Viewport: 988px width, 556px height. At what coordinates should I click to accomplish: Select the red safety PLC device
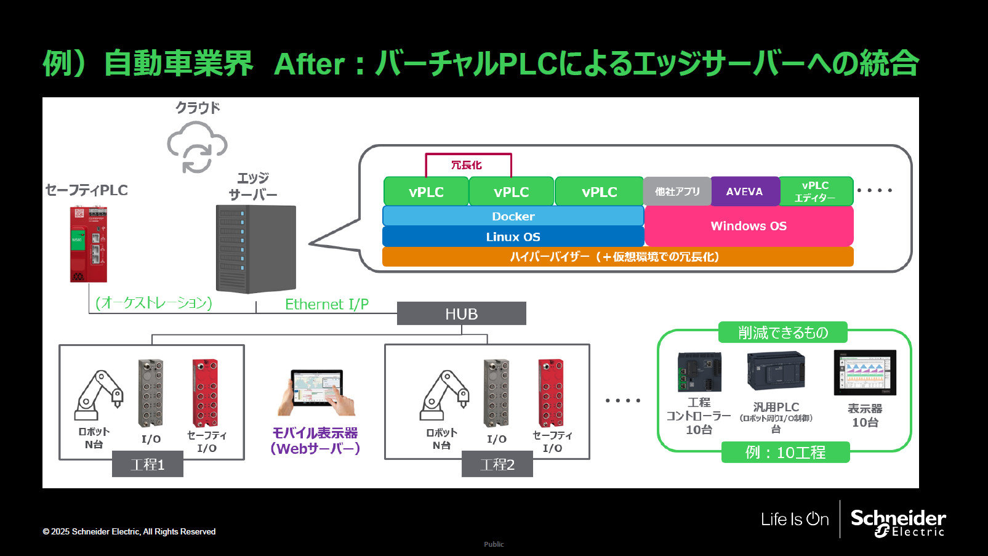[x=88, y=244]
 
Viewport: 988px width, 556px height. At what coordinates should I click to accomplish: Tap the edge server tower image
[x=255, y=249]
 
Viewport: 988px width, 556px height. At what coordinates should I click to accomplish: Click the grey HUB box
[x=461, y=313]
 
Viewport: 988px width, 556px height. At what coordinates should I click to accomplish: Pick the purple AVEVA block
[x=744, y=191]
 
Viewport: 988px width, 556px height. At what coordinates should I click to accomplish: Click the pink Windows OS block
[x=749, y=226]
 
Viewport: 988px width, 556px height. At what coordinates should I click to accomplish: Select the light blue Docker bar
[x=513, y=216]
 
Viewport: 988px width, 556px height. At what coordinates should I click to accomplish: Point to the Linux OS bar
[x=513, y=236]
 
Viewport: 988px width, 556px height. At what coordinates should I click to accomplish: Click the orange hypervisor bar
[x=617, y=257]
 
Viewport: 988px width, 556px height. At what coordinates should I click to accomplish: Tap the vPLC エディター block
[x=816, y=191]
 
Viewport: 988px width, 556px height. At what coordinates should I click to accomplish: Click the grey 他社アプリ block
[x=677, y=191]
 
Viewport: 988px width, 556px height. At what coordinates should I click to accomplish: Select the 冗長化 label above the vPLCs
[x=467, y=165]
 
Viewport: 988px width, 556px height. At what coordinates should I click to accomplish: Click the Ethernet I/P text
[x=327, y=304]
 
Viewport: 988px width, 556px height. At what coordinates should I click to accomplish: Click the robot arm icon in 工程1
[x=98, y=396]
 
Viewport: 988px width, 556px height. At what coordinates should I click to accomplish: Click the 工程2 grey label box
[x=497, y=464]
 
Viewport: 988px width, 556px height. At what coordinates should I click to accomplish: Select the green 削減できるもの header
[x=782, y=332]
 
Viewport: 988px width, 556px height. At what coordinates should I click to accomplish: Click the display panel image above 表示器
[x=864, y=373]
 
